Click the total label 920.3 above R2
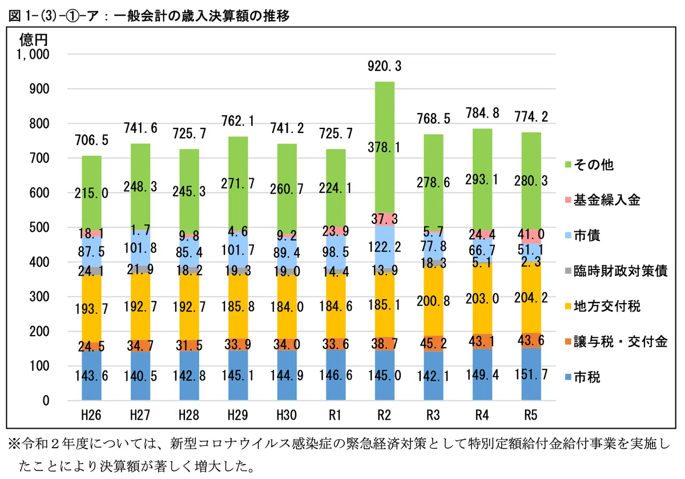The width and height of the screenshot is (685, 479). [x=384, y=66]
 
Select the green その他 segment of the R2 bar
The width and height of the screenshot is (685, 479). [x=385, y=147]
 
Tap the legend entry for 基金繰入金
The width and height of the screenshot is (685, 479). [x=602, y=200]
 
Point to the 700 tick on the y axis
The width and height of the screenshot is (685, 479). [x=39, y=159]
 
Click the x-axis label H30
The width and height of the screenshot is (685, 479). [x=287, y=415]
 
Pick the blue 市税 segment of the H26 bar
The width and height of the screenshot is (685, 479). [x=91, y=375]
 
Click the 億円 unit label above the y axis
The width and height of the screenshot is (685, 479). [x=34, y=40]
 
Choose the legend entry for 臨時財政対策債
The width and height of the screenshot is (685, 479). [x=616, y=271]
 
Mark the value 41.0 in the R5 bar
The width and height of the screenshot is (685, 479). [x=531, y=235]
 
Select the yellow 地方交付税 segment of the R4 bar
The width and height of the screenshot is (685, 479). [x=482, y=299]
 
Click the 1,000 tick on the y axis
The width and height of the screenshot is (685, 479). [x=33, y=54]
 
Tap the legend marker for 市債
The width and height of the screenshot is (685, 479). [x=568, y=236]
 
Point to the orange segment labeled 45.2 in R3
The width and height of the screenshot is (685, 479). [x=433, y=344]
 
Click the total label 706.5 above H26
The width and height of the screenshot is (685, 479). [x=91, y=140]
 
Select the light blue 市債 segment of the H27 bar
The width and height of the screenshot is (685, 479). [x=140, y=248]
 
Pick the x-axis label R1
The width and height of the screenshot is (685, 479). [x=335, y=415]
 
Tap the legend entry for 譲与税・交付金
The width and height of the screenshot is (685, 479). [x=616, y=341]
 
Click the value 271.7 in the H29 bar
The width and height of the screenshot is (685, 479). [x=238, y=183]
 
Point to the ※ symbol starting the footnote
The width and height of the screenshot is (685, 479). [x=15, y=444]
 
